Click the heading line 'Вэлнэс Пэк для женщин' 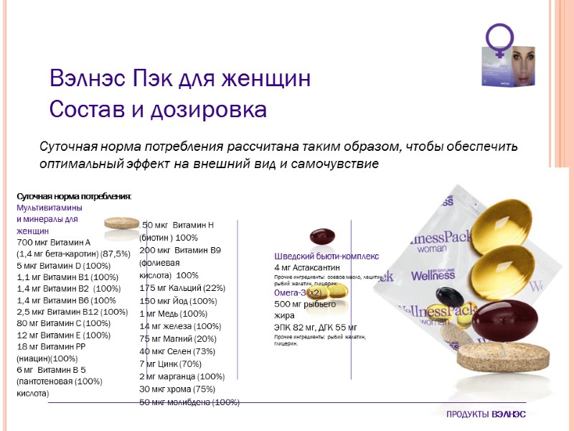click(180, 78)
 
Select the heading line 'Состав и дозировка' click(158, 110)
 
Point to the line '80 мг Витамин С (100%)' click(63, 323)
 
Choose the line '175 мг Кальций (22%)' click(182, 287)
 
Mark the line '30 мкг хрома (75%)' click(177, 389)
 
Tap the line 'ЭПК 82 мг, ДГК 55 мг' click(315, 327)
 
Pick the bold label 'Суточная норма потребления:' click(74, 196)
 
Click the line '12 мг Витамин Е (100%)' click(63, 335)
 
